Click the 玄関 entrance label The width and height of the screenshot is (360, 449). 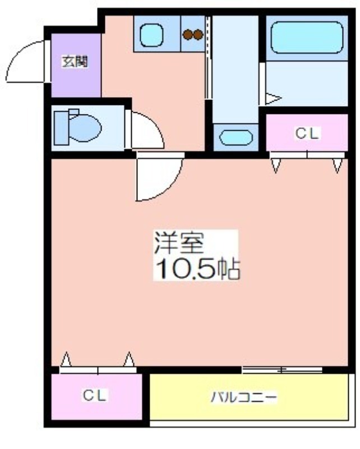(x=75, y=62)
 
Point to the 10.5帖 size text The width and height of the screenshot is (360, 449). (x=197, y=269)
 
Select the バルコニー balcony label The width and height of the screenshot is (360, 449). (x=244, y=397)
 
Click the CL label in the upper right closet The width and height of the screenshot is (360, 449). (x=307, y=134)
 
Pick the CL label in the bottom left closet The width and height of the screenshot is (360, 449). (x=95, y=396)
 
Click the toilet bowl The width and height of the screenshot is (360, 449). (x=85, y=129)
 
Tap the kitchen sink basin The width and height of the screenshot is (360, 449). (x=151, y=35)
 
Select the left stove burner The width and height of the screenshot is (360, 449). (x=188, y=35)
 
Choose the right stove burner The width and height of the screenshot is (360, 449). (x=198, y=35)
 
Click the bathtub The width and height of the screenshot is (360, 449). (x=307, y=37)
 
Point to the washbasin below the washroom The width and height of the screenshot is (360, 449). (x=236, y=137)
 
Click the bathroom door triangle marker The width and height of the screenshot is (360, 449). (x=273, y=99)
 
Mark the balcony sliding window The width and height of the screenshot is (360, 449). (x=282, y=370)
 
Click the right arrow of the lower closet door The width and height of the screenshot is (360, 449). (x=129, y=359)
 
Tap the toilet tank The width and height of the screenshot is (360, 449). (x=61, y=128)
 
